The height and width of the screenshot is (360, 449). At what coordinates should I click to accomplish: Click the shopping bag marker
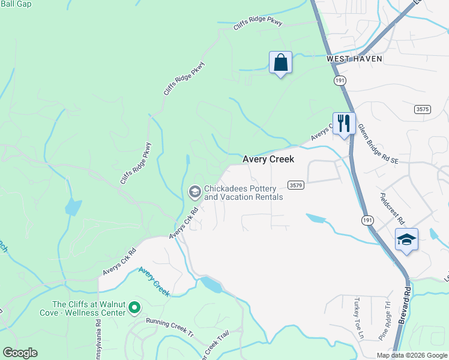tap(280, 62)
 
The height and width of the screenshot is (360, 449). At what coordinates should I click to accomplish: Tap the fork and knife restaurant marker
tap(344, 124)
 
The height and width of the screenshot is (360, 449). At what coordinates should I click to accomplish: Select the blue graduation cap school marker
tap(406, 239)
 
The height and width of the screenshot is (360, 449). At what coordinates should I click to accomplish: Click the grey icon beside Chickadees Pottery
tap(194, 192)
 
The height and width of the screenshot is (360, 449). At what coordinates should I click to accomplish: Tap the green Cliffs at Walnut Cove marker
tap(135, 308)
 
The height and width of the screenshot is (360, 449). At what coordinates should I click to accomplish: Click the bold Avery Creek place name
tap(268, 160)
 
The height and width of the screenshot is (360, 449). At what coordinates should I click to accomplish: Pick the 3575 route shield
tap(423, 109)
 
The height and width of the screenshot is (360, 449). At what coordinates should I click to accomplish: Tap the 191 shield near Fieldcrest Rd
tap(367, 221)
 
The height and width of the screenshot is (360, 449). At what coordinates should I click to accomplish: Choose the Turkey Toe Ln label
tap(359, 326)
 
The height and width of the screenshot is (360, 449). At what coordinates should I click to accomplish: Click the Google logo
tap(20, 353)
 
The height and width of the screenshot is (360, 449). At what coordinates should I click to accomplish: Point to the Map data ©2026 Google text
tap(411, 355)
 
